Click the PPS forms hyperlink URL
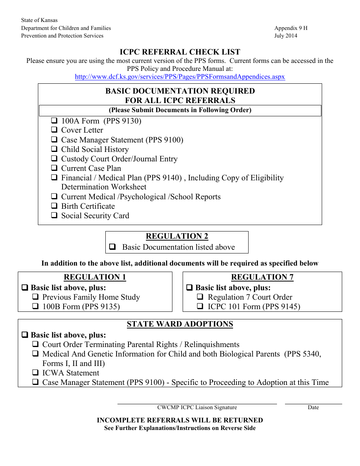click(180, 77)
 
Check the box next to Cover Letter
click(54, 130)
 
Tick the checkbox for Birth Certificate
click(54, 206)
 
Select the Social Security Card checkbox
click(54, 216)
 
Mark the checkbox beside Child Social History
click(54, 149)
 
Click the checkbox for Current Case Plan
click(54, 169)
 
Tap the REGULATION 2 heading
click(177, 236)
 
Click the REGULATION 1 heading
click(95, 277)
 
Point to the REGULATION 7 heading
click(262, 277)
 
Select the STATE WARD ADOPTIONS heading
click(180, 324)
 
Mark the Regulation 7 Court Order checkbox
click(200, 297)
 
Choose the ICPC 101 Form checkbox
click(200, 307)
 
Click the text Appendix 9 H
click(291, 28)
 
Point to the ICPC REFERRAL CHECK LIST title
click(180, 52)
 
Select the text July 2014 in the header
click(286, 36)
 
